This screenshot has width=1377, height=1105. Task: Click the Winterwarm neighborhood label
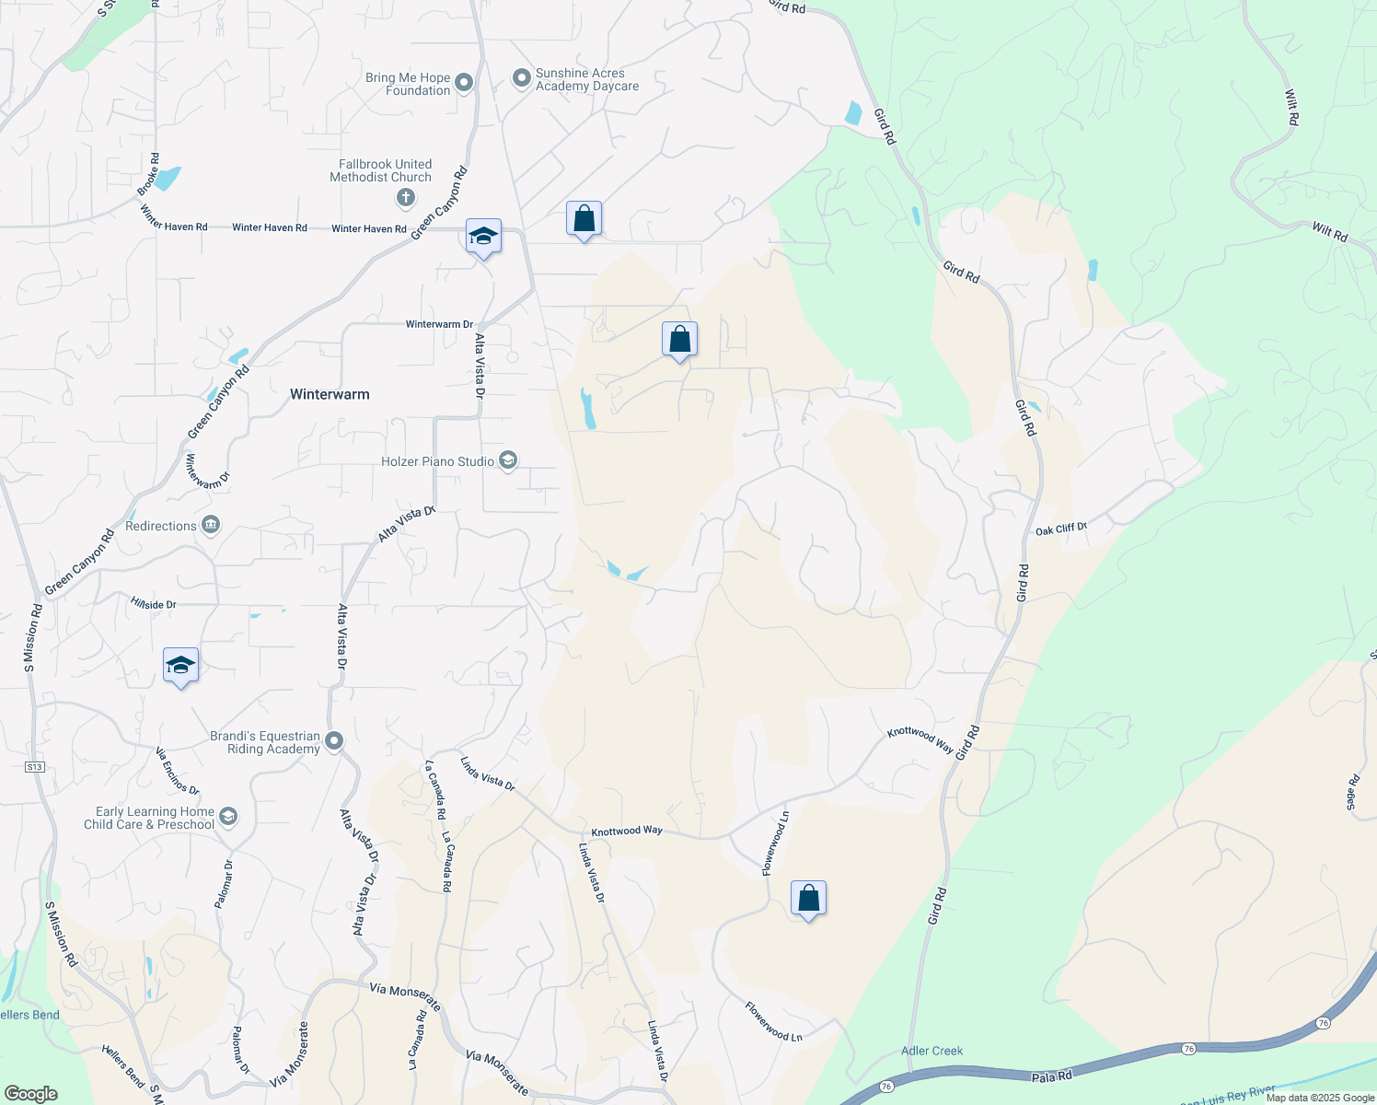click(330, 394)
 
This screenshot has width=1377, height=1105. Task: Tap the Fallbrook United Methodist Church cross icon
click(405, 197)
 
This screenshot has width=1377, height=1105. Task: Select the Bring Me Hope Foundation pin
click(464, 84)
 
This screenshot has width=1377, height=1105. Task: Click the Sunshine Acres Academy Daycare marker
click(522, 78)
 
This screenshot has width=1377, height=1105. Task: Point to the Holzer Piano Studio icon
click(508, 460)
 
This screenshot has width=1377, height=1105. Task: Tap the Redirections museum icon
click(211, 526)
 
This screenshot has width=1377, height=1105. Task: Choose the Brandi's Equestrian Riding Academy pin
click(334, 741)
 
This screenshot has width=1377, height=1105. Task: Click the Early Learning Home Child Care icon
click(228, 817)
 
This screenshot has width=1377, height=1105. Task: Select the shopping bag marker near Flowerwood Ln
click(808, 899)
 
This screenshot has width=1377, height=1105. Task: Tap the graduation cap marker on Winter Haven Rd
click(483, 237)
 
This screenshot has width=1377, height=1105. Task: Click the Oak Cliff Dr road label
click(1061, 529)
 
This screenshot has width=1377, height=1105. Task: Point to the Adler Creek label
click(931, 1051)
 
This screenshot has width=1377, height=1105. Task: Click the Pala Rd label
click(1051, 1076)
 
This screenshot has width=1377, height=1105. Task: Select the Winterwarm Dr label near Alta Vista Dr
click(439, 324)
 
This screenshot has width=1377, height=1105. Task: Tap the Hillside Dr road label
click(153, 604)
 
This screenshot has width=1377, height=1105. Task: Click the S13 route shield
click(35, 766)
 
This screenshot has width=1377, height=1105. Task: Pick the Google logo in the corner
click(30, 1094)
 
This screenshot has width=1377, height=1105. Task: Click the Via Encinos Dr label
click(177, 771)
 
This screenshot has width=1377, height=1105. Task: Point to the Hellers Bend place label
click(29, 1015)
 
